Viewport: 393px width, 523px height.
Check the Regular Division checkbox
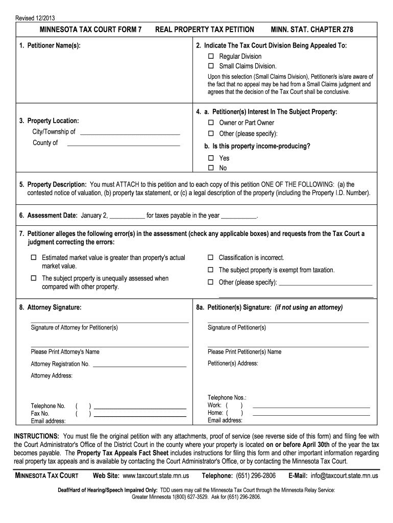210,56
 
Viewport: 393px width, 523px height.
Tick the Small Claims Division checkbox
210,66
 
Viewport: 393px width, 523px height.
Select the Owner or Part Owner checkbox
210,123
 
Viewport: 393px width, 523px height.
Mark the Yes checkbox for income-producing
210,158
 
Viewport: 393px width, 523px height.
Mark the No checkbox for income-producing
210,168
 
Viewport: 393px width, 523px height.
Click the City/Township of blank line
131,132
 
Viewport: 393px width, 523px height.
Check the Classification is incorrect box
210,258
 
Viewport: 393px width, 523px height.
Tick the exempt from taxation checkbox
210,270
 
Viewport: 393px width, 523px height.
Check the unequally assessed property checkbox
34,279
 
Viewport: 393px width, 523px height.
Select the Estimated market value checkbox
34,258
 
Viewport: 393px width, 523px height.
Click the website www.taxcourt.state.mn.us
156,476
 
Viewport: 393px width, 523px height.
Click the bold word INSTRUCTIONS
36,436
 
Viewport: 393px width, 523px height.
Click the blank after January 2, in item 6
127,216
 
